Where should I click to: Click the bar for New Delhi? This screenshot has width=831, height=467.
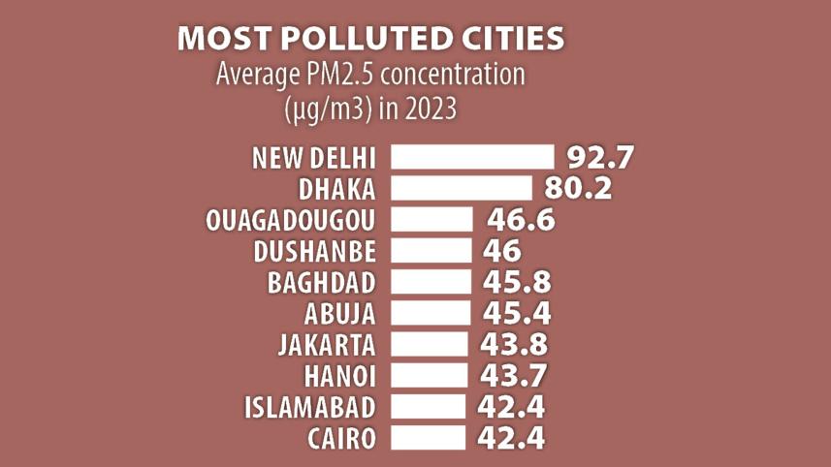(x=471, y=157)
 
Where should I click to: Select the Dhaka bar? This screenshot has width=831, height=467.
(x=461, y=188)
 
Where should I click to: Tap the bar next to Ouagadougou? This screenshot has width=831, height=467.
(x=431, y=219)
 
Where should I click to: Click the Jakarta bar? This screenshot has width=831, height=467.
(x=429, y=343)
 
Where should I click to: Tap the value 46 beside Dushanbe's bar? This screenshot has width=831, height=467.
(x=501, y=250)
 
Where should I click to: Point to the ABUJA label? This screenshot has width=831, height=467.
(x=339, y=313)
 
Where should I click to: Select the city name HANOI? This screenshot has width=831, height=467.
(x=340, y=375)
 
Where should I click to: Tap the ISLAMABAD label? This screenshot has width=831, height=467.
(x=310, y=406)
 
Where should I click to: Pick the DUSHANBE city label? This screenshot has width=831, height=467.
(x=314, y=251)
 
